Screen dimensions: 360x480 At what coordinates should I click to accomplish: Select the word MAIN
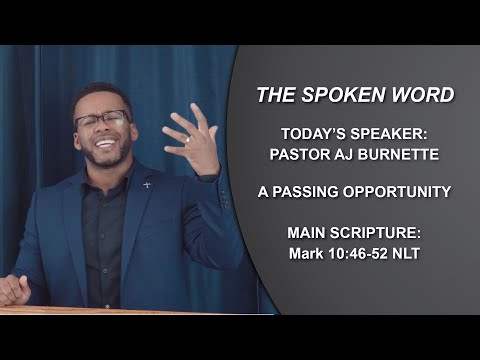click(x=308, y=234)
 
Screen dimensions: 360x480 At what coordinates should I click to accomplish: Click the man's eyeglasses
click(x=100, y=121)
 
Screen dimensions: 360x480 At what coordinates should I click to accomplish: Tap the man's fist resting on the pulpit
click(x=13, y=290)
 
